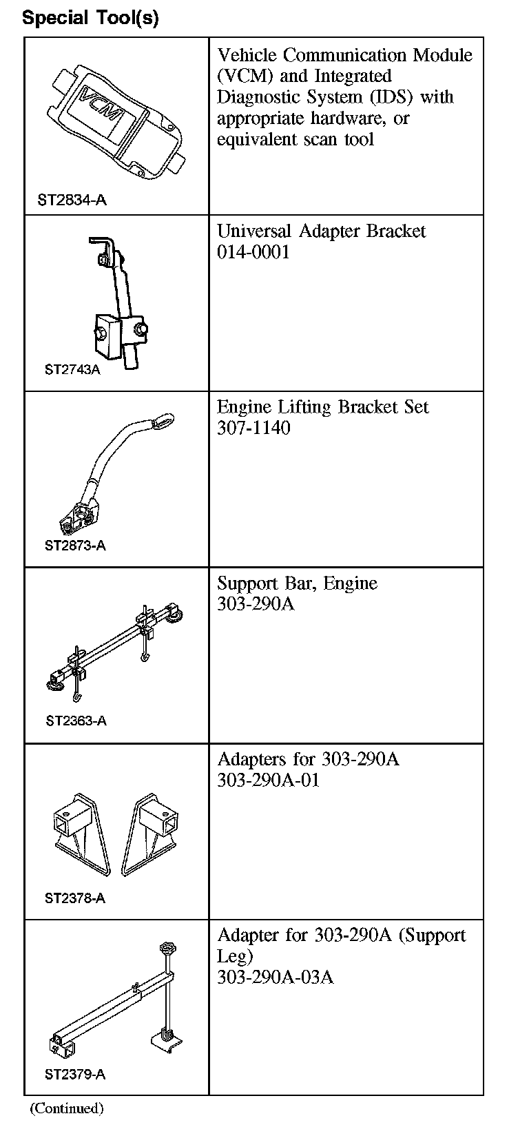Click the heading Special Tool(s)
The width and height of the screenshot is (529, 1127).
(x=90, y=18)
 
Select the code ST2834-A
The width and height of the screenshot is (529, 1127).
(x=72, y=200)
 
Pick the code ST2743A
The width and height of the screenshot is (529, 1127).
(x=72, y=370)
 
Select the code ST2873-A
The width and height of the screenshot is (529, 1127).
(x=75, y=546)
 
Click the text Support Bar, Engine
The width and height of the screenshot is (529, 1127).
(x=297, y=583)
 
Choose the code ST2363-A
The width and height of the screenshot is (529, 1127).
(x=76, y=721)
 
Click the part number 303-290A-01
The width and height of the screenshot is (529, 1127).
(x=268, y=781)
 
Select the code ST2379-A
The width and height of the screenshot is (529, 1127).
(x=75, y=1074)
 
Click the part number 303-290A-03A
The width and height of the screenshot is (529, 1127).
(x=275, y=978)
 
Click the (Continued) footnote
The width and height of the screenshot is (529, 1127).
(x=66, y=1108)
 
